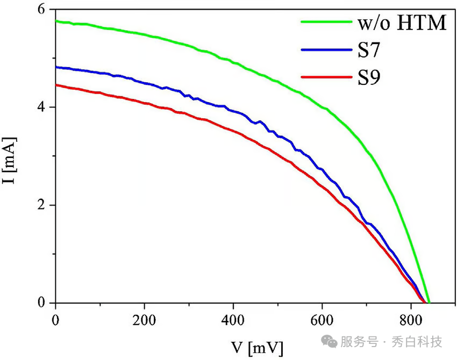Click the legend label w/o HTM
[x=401, y=24]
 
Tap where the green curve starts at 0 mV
[x=56, y=21]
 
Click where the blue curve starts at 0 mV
[x=56, y=67]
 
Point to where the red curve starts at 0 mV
[x=56, y=85]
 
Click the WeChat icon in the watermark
[x=330, y=342]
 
